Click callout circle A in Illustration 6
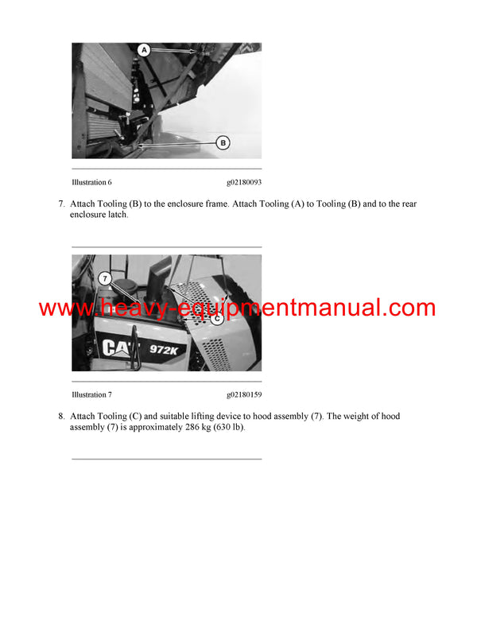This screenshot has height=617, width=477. (144, 50)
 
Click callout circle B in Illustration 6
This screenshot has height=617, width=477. (223, 142)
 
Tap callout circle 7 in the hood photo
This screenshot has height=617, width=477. (103, 278)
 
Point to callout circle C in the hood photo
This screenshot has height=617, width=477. (215, 319)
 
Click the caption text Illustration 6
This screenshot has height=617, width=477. (91, 182)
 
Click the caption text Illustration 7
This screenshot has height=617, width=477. (91, 394)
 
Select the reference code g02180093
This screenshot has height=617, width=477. (243, 182)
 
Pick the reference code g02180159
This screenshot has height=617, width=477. (243, 394)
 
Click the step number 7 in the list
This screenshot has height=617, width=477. (61, 204)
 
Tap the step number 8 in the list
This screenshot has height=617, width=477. (61, 417)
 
